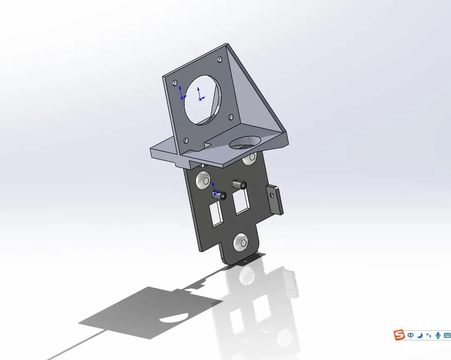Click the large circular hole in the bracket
(x=203, y=100)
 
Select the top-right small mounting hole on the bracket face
(x=220, y=60)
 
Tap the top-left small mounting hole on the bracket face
(x=174, y=83)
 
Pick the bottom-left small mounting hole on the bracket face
(x=186, y=141)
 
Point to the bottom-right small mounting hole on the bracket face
(x=231, y=117)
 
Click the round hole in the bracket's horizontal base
(x=246, y=143)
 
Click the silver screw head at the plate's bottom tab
(x=241, y=243)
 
